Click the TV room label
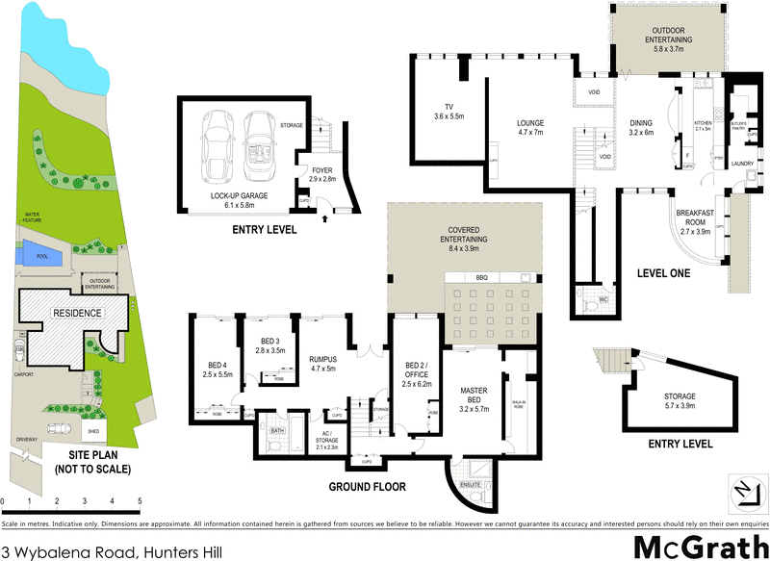[449, 111]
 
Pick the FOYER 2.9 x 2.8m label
[321, 174]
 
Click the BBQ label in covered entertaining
[481, 277]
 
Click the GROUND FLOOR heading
[368, 486]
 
